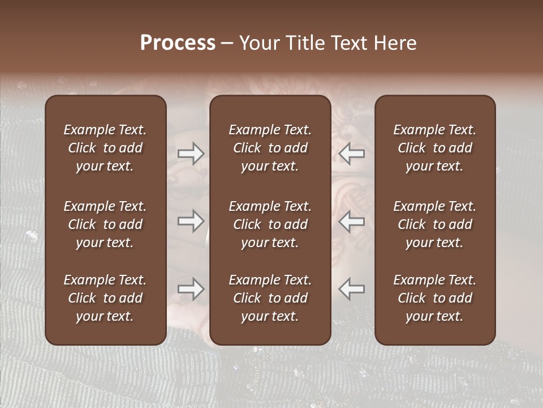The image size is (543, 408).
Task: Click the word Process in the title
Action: pyautogui.click(x=178, y=43)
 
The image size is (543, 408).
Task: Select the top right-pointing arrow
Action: pyautogui.click(x=191, y=154)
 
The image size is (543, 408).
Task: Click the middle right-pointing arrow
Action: pyautogui.click(x=191, y=221)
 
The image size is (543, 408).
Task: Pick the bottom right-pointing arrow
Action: pyautogui.click(x=191, y=289)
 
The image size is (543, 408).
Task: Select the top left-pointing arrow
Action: pyautogui.click(x=351, y=154)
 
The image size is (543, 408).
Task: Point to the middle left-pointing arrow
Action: pyautogui.click(x=351, y=221)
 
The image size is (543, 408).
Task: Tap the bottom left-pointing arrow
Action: pyautogui.click(x=351, y=289)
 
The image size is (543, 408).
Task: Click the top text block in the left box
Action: pyautogui.click(x=105, y=148)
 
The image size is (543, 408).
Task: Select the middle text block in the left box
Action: pyautogui.click(x=105, y=224)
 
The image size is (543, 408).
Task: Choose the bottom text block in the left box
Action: pyautogui.click(x=105, y=298)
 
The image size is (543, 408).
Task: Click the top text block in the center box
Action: pyautogui.click(x=270, y=148)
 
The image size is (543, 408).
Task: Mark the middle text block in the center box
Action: pyautogui.click(x=270, y=224)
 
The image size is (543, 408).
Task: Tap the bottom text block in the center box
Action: pyautogui.click(x=270, y=298)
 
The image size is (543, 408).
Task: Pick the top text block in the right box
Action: pyautogui.click(x=434, y=148)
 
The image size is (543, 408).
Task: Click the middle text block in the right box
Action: pyautogui.click(x=434, y=224)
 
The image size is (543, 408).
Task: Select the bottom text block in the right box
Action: pyautogui.click(x=434, y=298)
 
